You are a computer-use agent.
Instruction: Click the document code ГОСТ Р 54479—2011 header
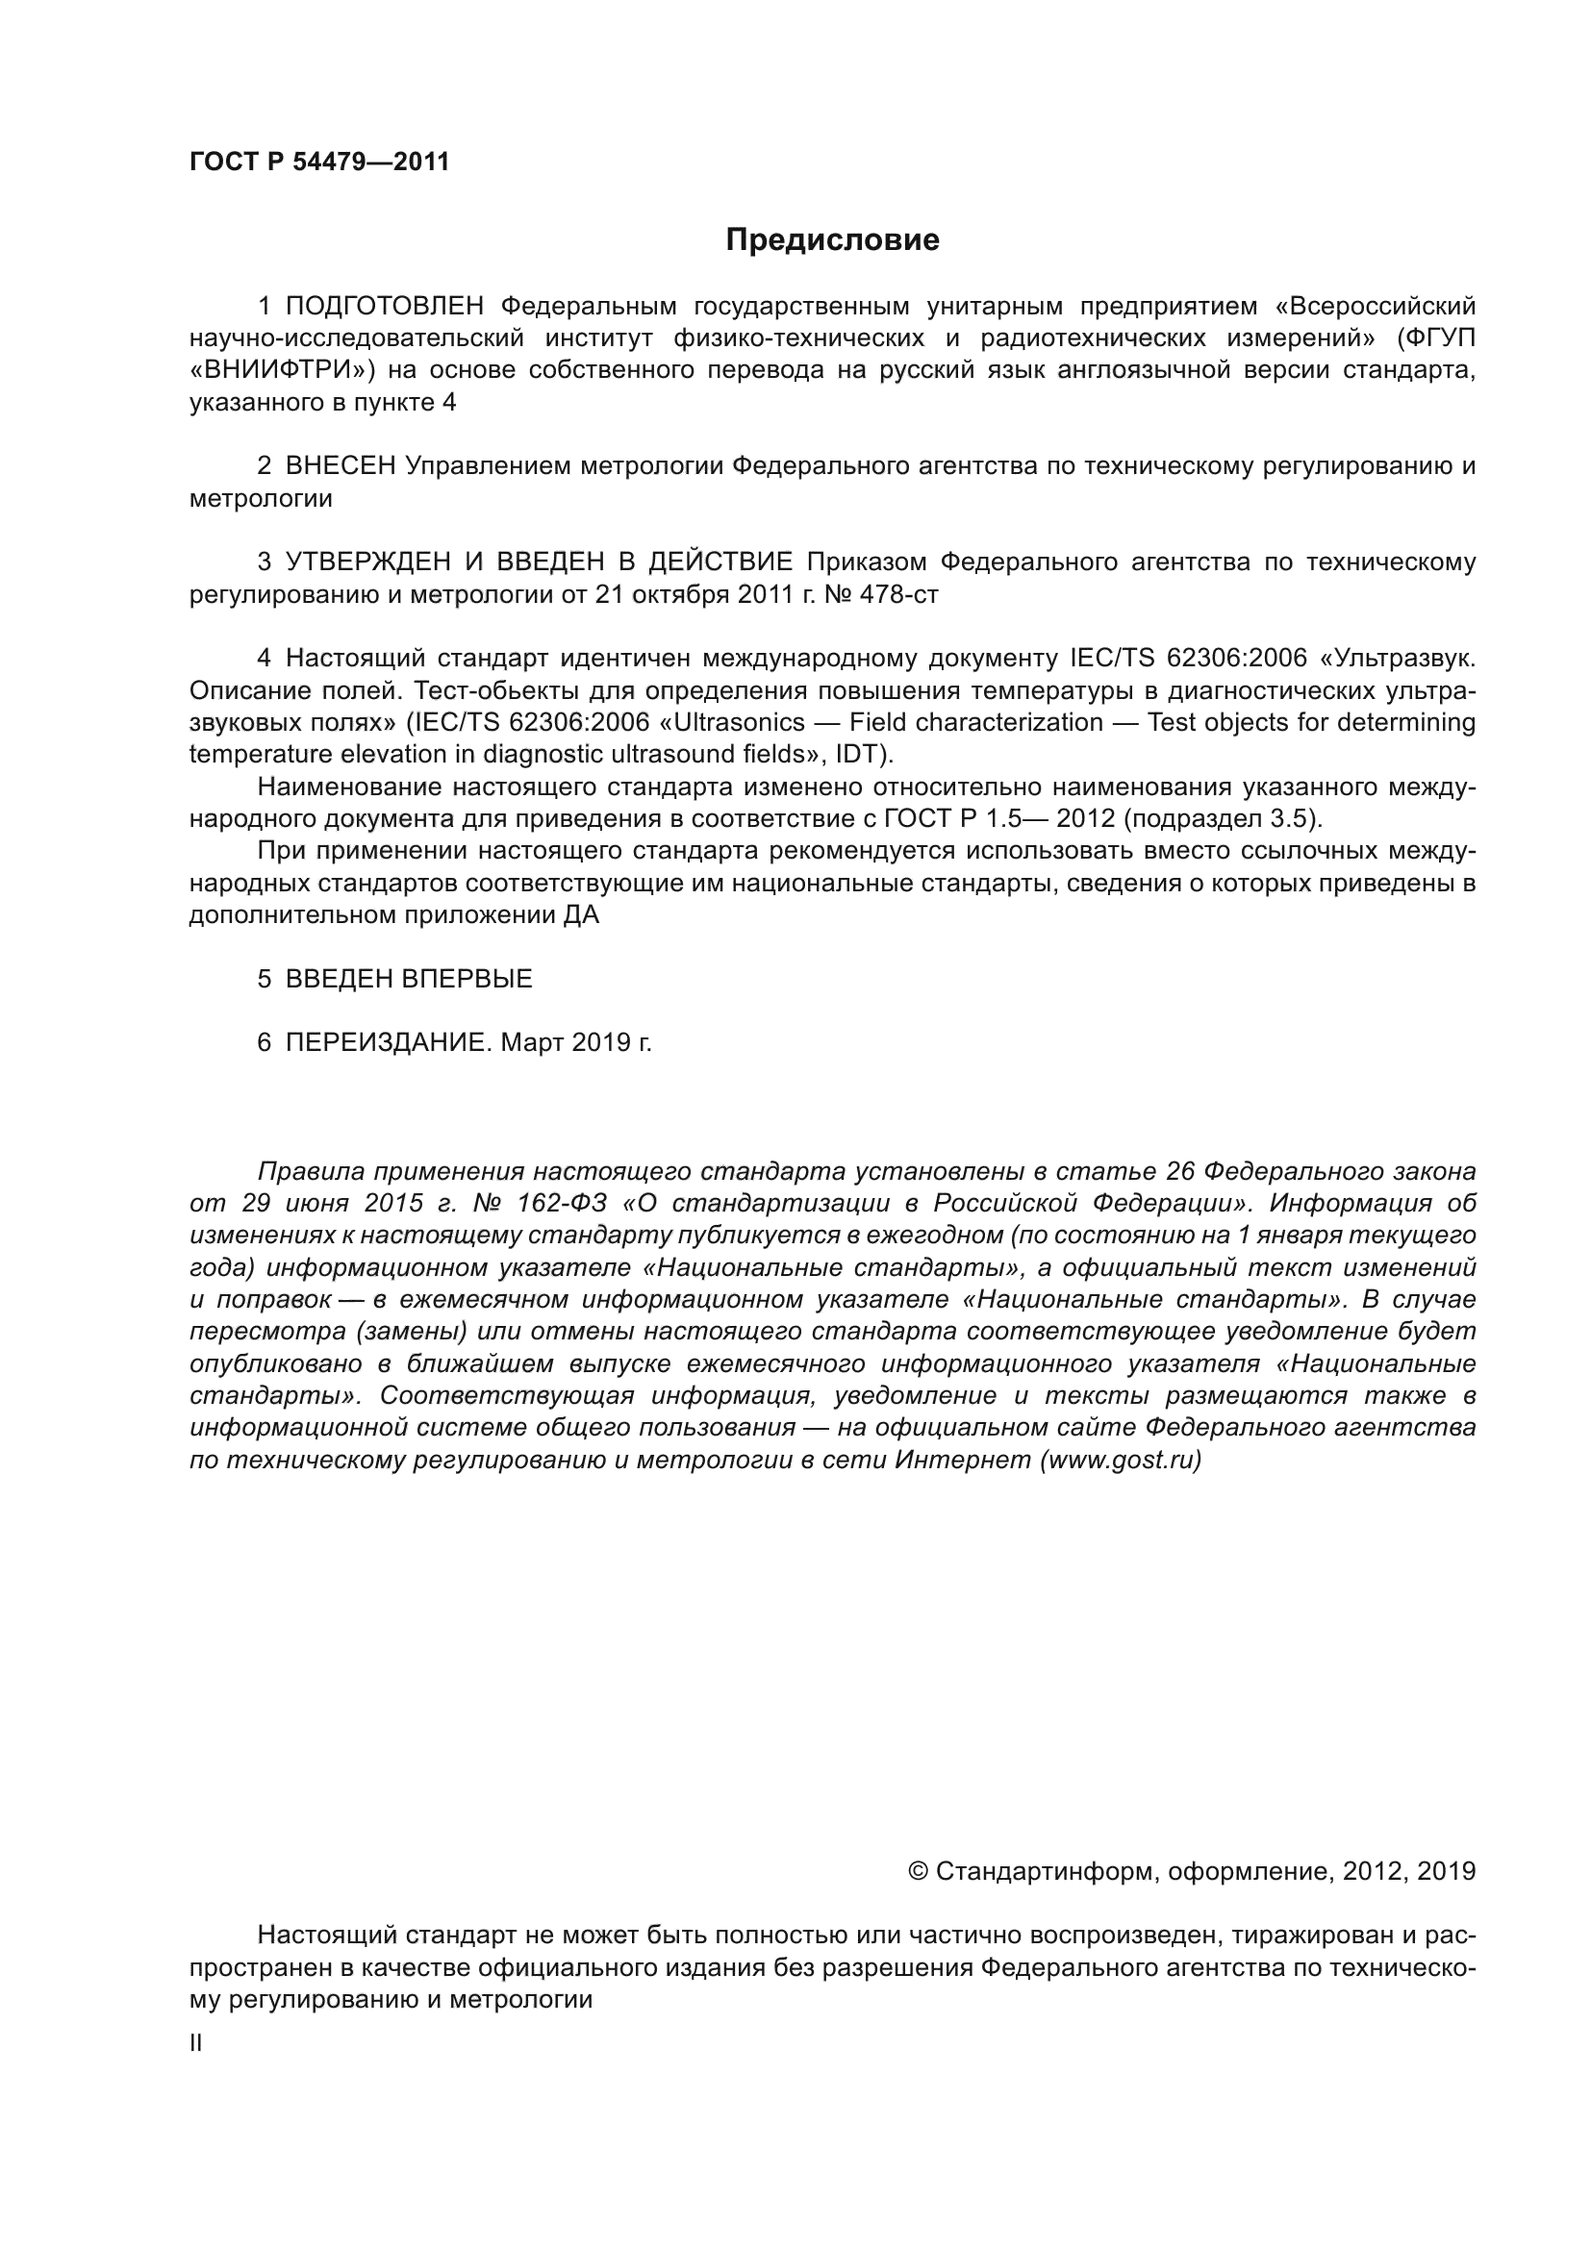click(x=319, y=162)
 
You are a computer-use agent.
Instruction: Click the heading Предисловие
click(x=832, y=240)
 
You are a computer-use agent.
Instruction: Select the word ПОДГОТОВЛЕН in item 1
click(x=384, y=307)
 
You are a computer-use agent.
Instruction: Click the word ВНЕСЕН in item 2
click(x=340, y=466)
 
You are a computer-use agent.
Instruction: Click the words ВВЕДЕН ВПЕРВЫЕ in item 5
click(x=409, y=979)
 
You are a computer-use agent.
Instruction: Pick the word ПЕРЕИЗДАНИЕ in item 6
click(x=386, y=1042)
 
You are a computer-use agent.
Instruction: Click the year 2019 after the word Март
click(x=599, y=1042)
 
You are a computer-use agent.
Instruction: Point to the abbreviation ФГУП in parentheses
click(x=1439, y=338)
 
